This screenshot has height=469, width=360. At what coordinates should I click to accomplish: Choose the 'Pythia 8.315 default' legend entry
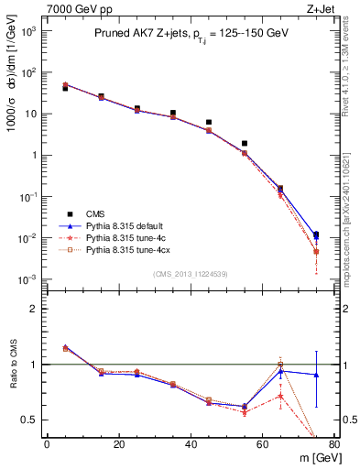click(123, 224)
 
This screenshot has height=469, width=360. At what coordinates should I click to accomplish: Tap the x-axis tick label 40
click(191, 445)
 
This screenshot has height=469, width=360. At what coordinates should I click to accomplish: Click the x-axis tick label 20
click(119, 445)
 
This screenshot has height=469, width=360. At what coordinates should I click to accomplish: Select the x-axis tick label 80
click(333, 445)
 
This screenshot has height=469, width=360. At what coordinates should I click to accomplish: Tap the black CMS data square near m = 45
click(209, 122)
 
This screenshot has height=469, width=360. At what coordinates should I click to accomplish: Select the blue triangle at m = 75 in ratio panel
click(316, 375)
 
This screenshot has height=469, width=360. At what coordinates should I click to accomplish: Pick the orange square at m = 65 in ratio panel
click(280, 365)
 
